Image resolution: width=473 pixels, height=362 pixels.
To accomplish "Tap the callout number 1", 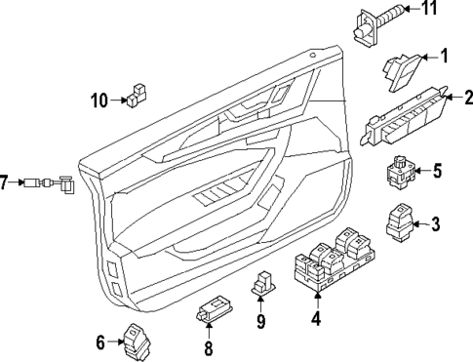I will [444, 57].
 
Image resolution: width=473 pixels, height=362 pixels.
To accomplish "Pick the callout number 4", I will [315, 317].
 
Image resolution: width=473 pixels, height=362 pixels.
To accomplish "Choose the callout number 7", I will [5, 182].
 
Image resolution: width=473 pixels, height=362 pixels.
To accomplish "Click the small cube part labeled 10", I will [136, 94].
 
